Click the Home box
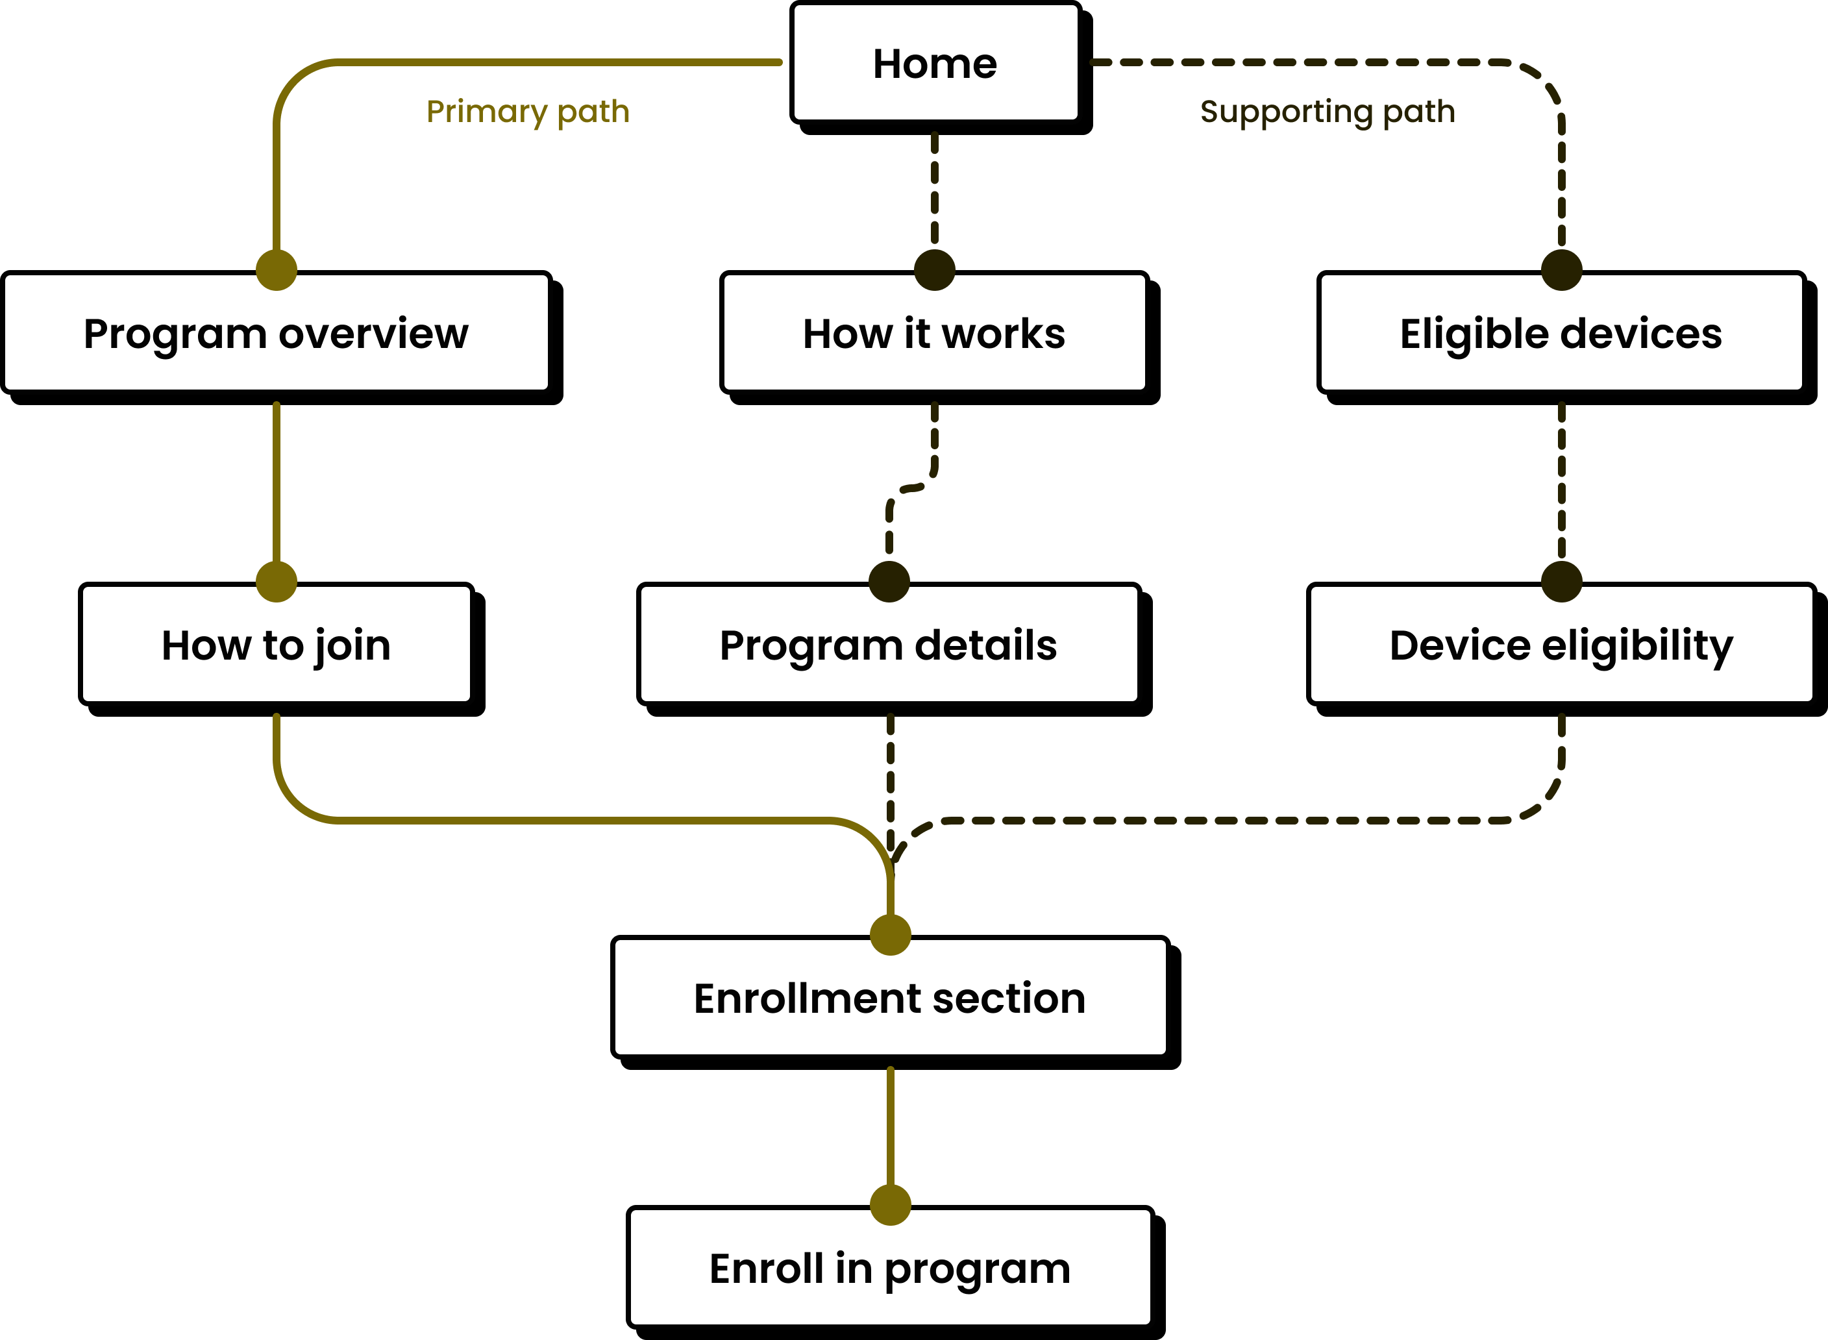(x=935, y=63)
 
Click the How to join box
(x=276, y=644)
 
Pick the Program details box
(x=889, y=644)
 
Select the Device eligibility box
(x=1561, y=644)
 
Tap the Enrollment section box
(x=890, y=997)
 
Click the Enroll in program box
(x=890, y=1267)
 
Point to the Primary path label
(x=528, y=111)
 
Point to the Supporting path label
(x=1328, y=111)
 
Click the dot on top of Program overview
(x=277, y=269)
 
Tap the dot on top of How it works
(x=934, y=269)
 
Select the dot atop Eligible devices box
(x=1561, y=269)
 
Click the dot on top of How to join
(x=277, y=581)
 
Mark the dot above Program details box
(x=889, y=581)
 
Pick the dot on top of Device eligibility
(x=1561, y=581)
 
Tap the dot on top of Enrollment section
(x=891, y=934)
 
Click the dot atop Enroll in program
(x=891, y=1204)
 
